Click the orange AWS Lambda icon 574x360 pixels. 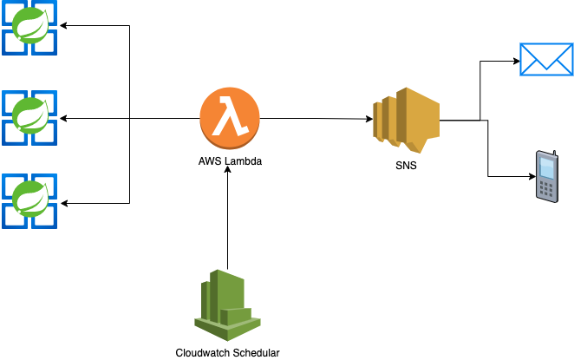click(x=230, y=119)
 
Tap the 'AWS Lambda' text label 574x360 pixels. click(x=230, y=162)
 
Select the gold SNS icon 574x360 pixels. click(x=405, y=118)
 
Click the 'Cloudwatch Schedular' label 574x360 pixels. click(x=227, y=351)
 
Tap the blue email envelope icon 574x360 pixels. click(x=545, y=60)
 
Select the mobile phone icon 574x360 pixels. click(x=546, y=177)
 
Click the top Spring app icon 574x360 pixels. click(x=29, y=29)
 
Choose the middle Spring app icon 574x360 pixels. click(x=29, y=116)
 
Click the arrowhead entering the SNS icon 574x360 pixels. click(x=368, y=119)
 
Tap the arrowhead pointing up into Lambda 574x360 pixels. click(x=227, y=170)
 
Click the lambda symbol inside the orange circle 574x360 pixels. click(x=230, y=117)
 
